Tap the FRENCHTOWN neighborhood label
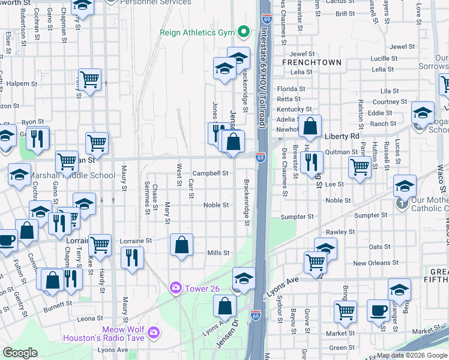312,62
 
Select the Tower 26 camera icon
176,289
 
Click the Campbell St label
211,173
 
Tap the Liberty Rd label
341,136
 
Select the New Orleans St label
376,263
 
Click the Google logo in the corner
20,352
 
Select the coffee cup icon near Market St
378,310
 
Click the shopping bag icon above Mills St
181,245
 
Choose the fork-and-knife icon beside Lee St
311,161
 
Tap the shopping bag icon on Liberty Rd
310,126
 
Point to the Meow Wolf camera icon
154,331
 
